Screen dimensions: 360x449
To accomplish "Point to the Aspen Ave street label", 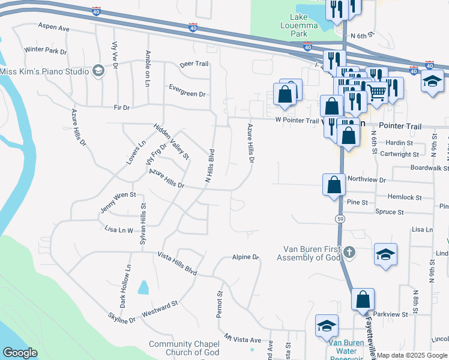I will click(54, 28).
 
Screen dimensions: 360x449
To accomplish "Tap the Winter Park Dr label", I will click(46, 50).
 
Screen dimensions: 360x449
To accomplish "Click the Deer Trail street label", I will click(194, 64).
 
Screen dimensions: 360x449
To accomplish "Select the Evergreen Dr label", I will click(187, 94).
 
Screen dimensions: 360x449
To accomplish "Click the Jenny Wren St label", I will click(119, 202).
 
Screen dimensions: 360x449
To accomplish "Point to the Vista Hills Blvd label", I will click(177, 263).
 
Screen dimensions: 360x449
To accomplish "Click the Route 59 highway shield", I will click(339, 220).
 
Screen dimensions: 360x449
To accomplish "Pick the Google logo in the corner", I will click(20, 353).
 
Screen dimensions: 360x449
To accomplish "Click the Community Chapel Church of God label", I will click(184, 348).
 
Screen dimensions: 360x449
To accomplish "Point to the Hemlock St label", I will click(405, 197).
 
